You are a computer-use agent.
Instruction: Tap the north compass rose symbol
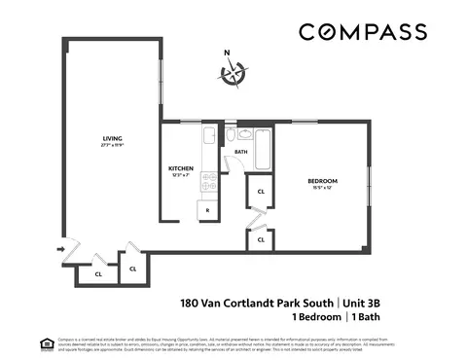(233, 74)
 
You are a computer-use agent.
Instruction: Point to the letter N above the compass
(227, 54)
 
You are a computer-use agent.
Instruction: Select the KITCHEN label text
(181, 168)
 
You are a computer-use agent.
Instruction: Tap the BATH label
(241, 153)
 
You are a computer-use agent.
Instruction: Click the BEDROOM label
(323, 181)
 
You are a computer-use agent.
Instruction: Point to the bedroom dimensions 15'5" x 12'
(323, 189)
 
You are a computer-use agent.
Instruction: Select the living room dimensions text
(113, 146)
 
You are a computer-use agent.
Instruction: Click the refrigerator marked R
(206, 208)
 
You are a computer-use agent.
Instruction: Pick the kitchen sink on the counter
(207, 139)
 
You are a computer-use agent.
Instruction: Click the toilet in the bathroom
(231, 135)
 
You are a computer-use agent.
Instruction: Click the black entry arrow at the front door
(61, 250)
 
